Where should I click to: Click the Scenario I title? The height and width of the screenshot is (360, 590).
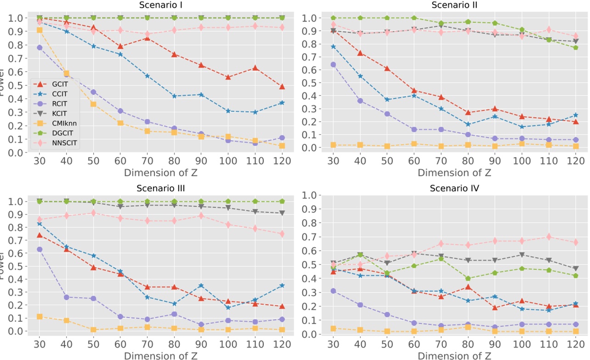(x=160, y=5)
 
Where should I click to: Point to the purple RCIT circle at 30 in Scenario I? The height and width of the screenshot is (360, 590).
(x=39, y=48)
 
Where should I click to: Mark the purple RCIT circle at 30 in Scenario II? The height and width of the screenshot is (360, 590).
(x=333, y=65)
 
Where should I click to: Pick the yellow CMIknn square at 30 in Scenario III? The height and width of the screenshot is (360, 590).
(x=39, y=316)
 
